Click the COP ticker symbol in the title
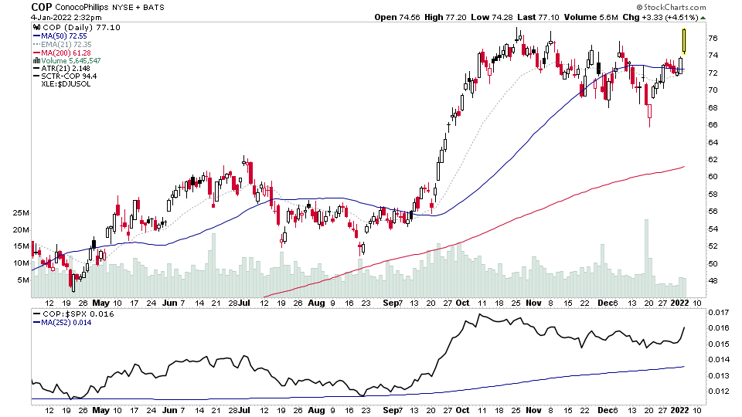click(x=41, y=7)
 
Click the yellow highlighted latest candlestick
click(x=684, y=41)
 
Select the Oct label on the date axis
click(x=463, y=303)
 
